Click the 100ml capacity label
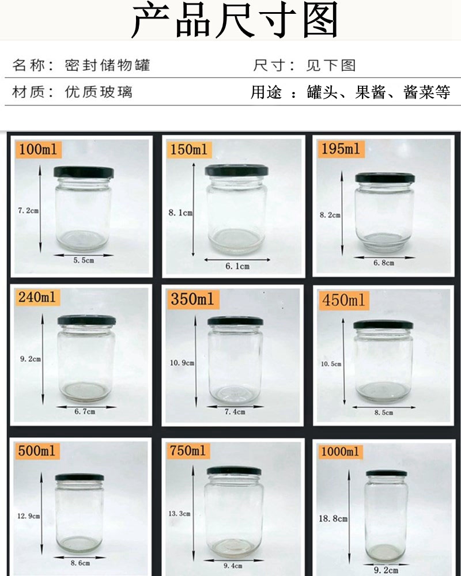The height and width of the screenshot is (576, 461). click(39, 149)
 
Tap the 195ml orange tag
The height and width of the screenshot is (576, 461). click(341, 149)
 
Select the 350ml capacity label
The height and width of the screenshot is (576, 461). click(192, 298)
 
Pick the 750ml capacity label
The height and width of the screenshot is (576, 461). click(188, 450)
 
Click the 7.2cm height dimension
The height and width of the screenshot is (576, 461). click(28, 210)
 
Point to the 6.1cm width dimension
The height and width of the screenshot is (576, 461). click(237, 266)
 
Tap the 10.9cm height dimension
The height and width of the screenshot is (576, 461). click(182, 363)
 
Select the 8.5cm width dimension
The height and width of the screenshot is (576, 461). click(384, 412)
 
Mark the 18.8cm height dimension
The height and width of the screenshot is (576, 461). click(333, 519)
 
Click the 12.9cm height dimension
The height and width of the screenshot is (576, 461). click(29, 516)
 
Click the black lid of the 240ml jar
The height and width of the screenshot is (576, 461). click(86, 320)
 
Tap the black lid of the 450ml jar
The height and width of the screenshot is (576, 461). click(383, 324)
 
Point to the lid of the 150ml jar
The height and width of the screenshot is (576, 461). click(236, 170)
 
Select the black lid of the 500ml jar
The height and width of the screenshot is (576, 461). click(80, 477)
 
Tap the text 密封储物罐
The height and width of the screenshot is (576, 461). click(107, 65)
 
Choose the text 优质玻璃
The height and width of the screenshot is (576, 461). click(99, 92)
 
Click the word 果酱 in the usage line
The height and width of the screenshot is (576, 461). click(370, 92)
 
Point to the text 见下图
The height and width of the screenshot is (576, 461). click(331, 66)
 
